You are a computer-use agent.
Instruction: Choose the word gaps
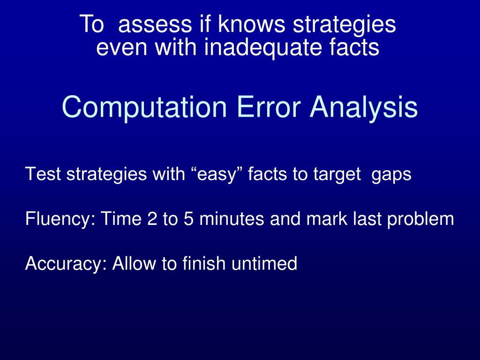click(x=391, y=174)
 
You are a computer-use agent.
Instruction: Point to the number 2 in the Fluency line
click(x=151, y=219)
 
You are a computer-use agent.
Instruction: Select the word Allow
click(x=134, y=263)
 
